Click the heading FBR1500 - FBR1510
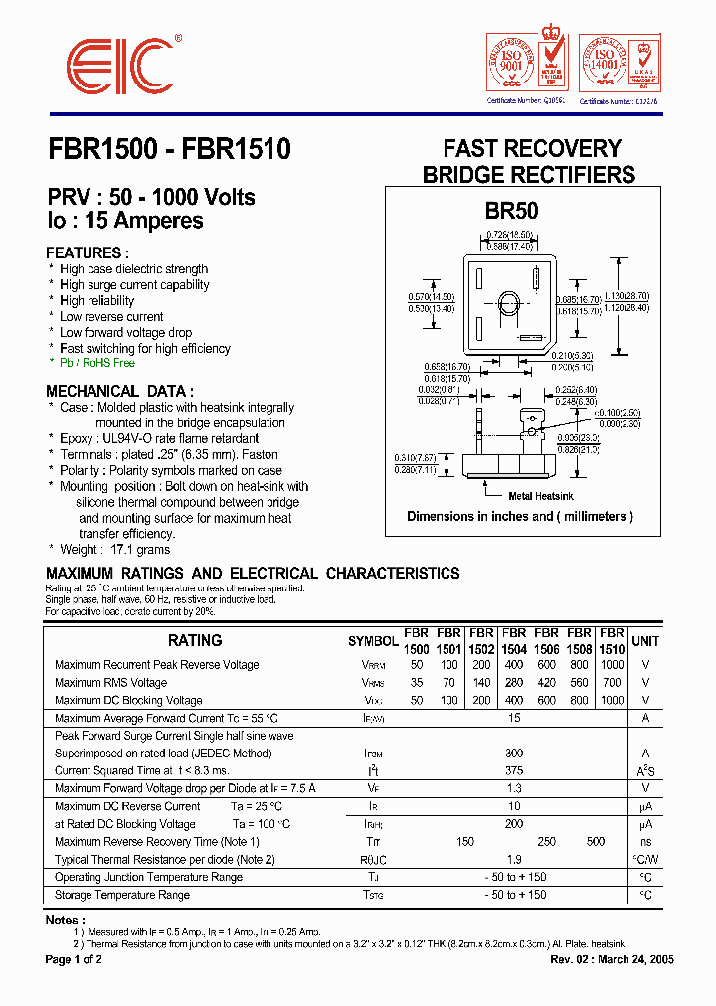coord(168,150)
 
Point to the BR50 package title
coord(512,210)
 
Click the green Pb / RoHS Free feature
coord(96,364)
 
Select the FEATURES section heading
coord(88,252)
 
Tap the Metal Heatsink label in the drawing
coord(541,495)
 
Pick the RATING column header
coord(195,641)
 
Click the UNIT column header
coord(645,641)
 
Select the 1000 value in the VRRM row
coord(612,665)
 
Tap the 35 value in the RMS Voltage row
coord(417,683)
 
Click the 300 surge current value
coord(513,754)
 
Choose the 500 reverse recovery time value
coord(595,842)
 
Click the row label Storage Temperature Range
coord(122,895)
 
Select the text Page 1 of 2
coord(74,960)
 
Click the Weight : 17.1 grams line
coord(114,549)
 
